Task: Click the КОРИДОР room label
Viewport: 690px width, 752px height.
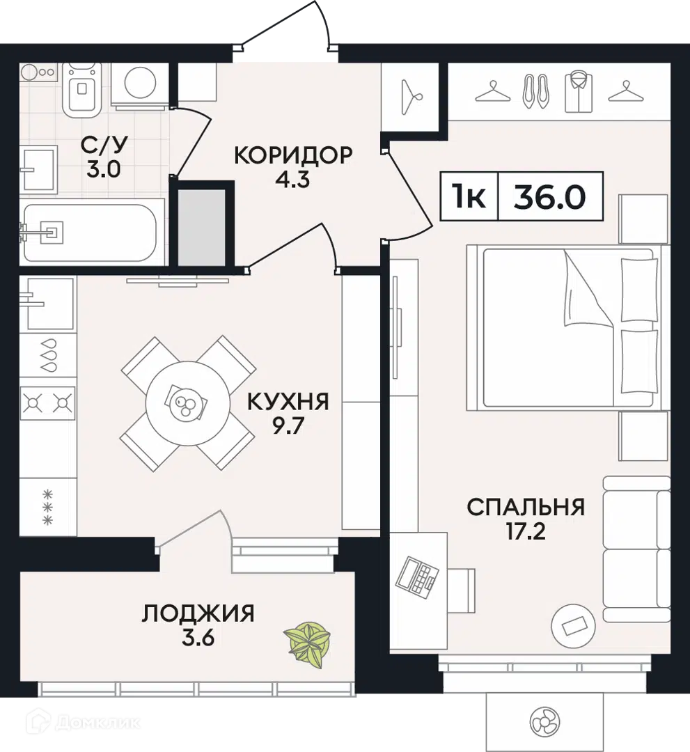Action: pos(293,155)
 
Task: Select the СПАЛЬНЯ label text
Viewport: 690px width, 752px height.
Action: pos(525,507)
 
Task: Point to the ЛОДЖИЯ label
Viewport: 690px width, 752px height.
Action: pos(198,613)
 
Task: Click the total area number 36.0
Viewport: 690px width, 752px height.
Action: pos(549,197)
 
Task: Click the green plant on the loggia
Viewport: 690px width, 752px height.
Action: pos(306,642)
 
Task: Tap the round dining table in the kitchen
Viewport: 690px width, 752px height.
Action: pos(187,403)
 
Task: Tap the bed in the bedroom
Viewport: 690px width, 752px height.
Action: pos(567,327)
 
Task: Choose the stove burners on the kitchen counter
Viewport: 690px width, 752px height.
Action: pos(47,402)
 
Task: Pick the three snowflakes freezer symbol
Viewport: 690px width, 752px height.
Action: pos(48,507)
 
